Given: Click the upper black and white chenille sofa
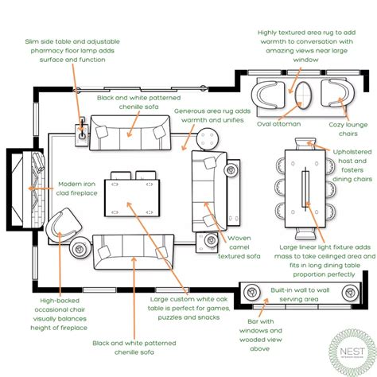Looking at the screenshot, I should [x=129, y=130].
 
